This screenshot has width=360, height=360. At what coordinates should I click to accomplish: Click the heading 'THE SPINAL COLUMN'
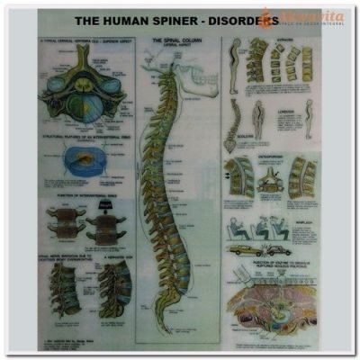click(x=176, y=40)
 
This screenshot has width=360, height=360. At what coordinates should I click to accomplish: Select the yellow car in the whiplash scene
click(x=244, y=250)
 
